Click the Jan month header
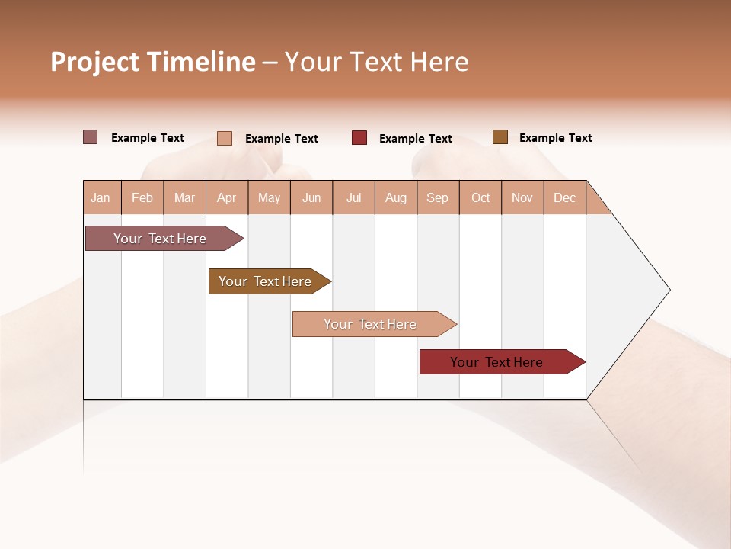[101, 197]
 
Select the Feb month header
[142, 197]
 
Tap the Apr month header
[227, 197]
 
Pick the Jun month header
[311, 197]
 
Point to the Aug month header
[396, 197]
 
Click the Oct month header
[480, 197]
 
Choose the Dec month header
[565, 197]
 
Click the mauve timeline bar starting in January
[160, 239]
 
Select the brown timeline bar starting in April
[265, 281]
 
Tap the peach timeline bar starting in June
[370, 324]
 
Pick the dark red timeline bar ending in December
[496, 362]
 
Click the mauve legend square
[91, 137]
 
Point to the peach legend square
[225, 138]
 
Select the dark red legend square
[359, 138]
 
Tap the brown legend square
[500, 137]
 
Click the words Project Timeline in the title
[153, 62]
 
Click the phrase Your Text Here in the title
[377, 62]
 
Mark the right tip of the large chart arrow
[669, 290]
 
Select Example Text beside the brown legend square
[555, 138]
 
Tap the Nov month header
[522, 197]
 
